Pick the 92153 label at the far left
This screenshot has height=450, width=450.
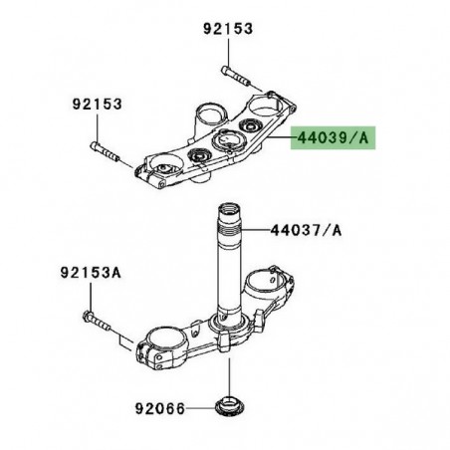95,104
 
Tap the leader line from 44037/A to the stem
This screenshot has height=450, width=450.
253,231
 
